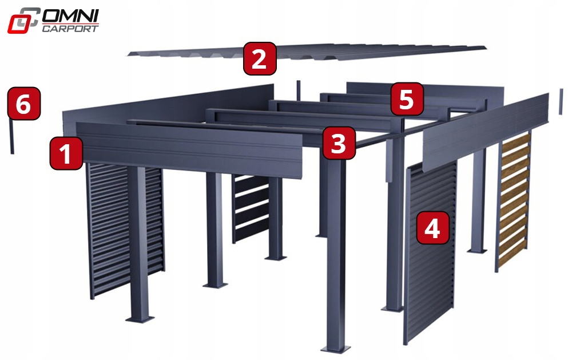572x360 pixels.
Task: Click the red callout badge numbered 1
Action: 67,153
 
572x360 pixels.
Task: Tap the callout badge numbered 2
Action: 260,59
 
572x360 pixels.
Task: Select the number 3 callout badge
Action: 339,143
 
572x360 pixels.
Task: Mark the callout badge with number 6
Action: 23,104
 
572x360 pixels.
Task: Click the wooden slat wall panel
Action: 513,200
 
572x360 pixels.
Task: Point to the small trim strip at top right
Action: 561,101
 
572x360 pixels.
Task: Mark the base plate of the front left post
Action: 139,318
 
